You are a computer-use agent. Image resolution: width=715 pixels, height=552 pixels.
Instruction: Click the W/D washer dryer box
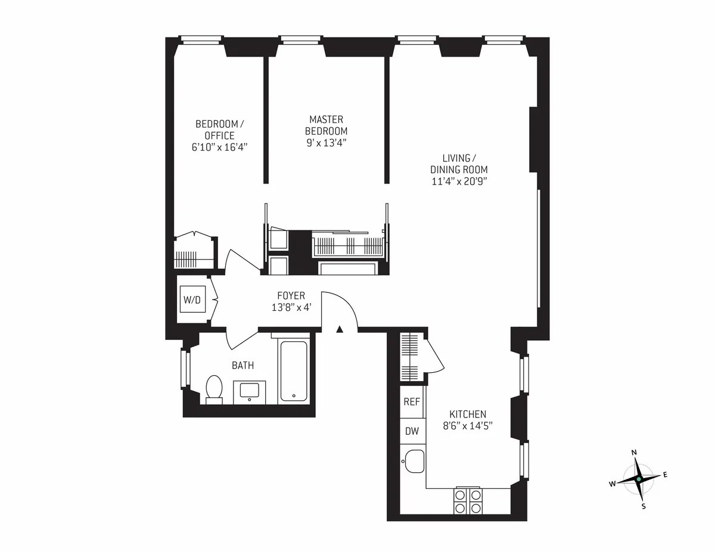click(x=192, y=300)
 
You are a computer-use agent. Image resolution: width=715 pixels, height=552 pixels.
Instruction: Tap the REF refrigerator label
click(x=412, y=402)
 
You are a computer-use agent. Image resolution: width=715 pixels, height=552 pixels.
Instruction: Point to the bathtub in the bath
click(x=294, y=372)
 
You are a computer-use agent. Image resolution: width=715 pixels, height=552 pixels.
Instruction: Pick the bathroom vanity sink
click(x=250, y=392)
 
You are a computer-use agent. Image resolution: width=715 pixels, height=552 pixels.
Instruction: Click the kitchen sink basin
click(x=414, y=460)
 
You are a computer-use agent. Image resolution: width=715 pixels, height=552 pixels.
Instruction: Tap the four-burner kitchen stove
click(x=468, y=501)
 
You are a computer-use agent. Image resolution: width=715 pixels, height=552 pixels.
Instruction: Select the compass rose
click(x=638, y=479)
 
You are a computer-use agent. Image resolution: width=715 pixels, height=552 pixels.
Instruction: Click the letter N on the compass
click(x=634, y=453)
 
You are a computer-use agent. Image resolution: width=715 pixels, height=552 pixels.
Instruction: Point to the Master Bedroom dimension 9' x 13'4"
click(x=326, y=142)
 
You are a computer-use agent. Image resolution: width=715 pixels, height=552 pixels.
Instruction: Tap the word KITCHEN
click(x=468, y=414)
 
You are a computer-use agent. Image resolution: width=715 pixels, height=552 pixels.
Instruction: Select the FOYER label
click(x=291, y=295)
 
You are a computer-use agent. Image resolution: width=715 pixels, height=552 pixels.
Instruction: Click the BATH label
click(x=243, y=366)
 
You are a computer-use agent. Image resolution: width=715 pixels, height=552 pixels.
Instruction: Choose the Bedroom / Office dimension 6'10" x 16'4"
click(x=219, y=147)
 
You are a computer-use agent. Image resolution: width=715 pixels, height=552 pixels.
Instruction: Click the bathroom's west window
click(x=185, y=369)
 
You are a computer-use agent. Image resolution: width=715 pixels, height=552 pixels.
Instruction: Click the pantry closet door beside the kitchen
click(x=433, y=357)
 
